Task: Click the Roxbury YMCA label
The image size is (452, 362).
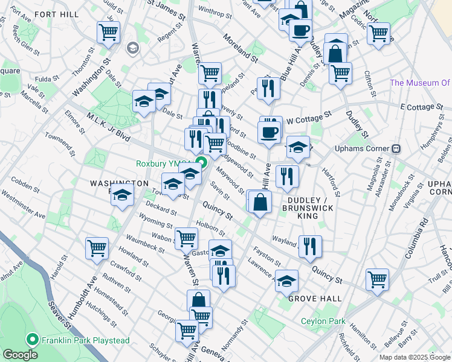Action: pos(163,163)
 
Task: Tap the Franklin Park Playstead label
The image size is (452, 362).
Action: pos(85,340)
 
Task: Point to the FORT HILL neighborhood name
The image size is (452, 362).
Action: pos(56,14)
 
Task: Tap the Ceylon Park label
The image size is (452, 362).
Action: pos(323,321)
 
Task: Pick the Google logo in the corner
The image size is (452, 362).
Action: pos(20,355)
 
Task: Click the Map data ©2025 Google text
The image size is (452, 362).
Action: pos(413,357)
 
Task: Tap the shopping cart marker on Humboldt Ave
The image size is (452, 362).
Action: pos(97,247)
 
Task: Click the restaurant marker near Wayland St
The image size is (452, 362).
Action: pos(310,246)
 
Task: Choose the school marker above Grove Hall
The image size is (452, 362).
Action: pos(287,280)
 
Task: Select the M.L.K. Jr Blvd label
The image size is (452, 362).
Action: pos(109,127)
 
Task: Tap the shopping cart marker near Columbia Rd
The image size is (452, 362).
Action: pos(377,279)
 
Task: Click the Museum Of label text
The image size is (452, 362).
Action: pos(421,83)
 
